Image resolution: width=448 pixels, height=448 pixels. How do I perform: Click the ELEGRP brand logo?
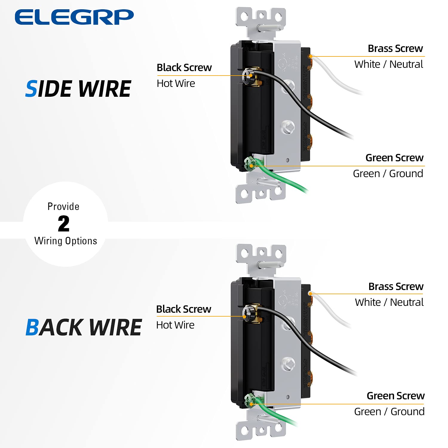click(74, 17)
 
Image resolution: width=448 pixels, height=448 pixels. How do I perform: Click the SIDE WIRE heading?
click(78, 89)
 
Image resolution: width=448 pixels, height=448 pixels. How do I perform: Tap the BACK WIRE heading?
click(84, 328)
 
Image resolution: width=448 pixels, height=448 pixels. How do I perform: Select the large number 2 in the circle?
click(64, 224)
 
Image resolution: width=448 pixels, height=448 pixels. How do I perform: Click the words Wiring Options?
click(66, 241)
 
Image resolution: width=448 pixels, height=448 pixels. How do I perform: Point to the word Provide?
click(63, 206)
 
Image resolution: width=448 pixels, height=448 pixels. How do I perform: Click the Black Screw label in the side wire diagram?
click(184, 68)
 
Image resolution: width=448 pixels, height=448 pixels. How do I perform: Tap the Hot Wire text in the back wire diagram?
click(175, 325)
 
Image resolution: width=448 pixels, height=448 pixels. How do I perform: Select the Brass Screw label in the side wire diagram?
click(395, 48)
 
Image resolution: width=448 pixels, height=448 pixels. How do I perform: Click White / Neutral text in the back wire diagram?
click(389, 302)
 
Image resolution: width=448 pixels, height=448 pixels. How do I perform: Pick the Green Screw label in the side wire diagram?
click(394, 158)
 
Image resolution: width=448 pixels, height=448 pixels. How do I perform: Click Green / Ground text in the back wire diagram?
click(389, 412)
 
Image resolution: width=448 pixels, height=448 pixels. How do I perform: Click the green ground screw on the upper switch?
click(249, 163)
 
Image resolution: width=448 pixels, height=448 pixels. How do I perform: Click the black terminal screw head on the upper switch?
click(248, 74)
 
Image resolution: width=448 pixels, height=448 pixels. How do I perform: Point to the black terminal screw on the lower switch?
click(248, 313)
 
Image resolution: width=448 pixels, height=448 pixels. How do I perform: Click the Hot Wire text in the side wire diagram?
click(176, 84)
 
